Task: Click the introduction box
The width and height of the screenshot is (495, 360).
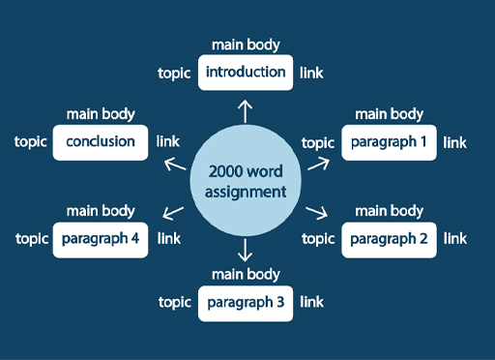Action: tap(246, 73)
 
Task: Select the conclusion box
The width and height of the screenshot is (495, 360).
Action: tap(101, 142)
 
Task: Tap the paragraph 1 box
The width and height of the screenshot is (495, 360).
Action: tap(389, 142)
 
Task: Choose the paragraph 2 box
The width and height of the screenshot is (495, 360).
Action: tap(389, 238)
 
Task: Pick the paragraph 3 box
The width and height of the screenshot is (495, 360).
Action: tap(246, 303)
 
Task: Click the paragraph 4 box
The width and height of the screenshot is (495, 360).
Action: tap(101, 238)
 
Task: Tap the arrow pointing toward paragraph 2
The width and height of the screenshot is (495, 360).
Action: tap(317, 212)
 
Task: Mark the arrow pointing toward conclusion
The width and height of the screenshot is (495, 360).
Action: tap(175, 164)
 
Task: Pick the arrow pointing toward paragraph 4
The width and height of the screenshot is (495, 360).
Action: tap(174, 212)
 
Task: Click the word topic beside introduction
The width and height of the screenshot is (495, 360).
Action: tap(174, 73)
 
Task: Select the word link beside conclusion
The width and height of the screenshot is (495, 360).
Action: tap(167, 142)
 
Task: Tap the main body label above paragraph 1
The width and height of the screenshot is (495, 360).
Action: tap(389, 114)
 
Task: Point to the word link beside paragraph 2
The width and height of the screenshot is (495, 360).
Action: tap(454, 238)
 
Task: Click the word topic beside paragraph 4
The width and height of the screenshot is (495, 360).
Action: tap(31, 238)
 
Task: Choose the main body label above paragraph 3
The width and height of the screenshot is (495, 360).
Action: tap(246, 275)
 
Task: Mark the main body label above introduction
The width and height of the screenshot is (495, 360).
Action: tap(246, 45)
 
